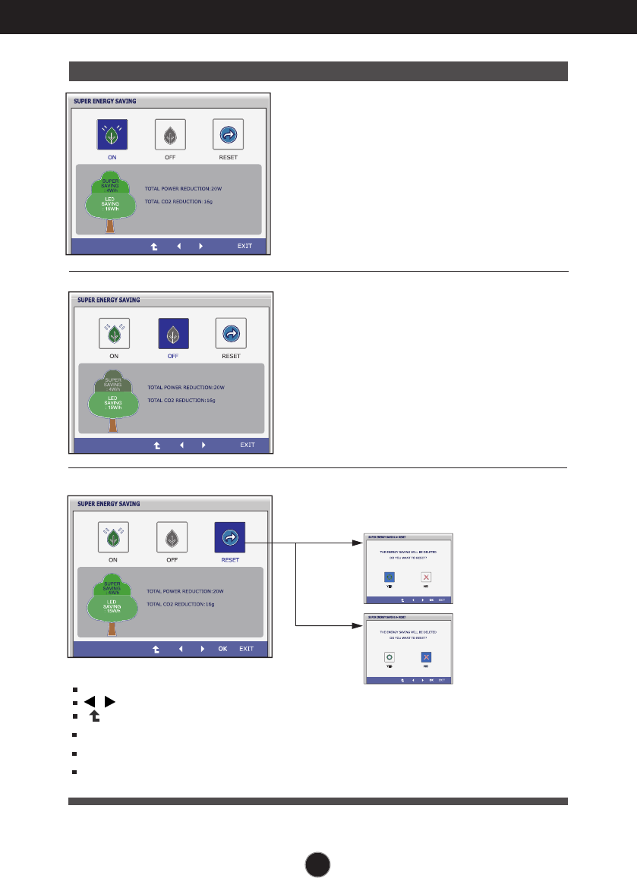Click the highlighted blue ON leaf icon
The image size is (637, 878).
click(x=112, y=135)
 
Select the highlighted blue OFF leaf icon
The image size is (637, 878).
click(x=173, y=333)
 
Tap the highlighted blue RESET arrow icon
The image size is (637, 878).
click(x=229, y=537)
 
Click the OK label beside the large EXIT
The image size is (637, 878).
click(x=222, y=649)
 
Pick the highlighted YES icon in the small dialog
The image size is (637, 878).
click(x=389, y=577)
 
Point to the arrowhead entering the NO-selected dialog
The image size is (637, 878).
click(x=359, y=626)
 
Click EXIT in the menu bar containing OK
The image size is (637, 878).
click(x=246, y=649)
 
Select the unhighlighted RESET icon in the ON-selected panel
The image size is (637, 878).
click(x=228, y=135)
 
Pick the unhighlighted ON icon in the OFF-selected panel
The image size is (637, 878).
click(x=113, y=333)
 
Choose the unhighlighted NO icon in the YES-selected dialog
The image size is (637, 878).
click(x=427, y=577)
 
